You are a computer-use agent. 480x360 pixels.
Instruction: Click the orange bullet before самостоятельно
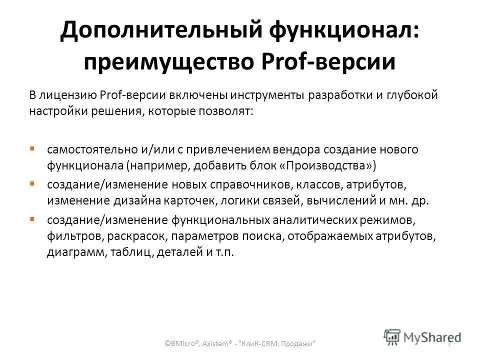click(x=31, y=149)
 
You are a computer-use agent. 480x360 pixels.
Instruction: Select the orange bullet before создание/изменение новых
click(x=31, y=184)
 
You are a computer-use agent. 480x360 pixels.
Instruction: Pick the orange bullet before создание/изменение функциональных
click(x=31, y=219)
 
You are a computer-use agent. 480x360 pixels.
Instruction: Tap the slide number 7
click(x=449, y=343)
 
